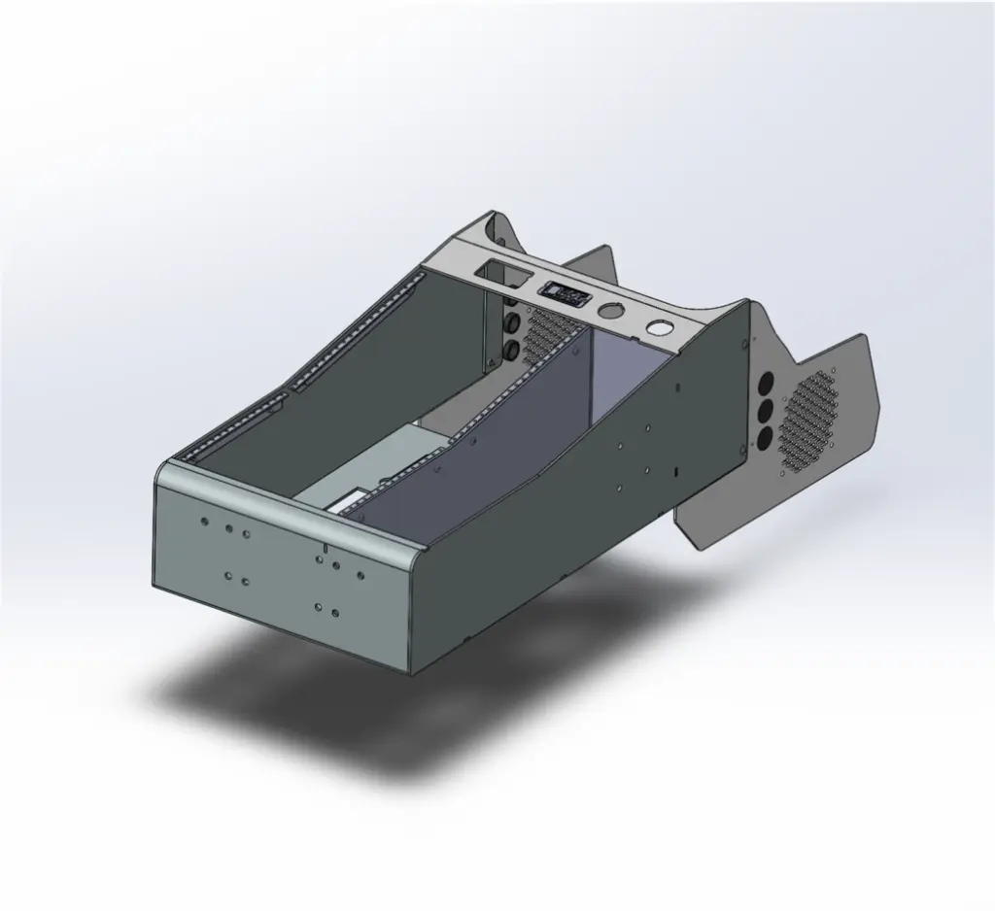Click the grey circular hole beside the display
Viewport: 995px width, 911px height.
(x=611, y=311)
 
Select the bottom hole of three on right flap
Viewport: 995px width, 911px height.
(x=764, y=438)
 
